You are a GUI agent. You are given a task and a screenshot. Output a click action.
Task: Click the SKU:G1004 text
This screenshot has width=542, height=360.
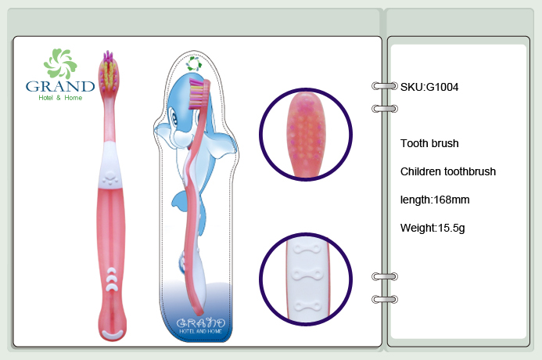click(429, 87)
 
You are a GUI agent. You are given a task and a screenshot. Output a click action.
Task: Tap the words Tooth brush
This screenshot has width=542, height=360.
click(429, 143)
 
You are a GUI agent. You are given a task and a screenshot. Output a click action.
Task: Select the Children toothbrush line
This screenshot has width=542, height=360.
click(448, 171)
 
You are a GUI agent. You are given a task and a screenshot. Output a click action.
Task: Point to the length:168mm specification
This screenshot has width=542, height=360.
click(435, 200)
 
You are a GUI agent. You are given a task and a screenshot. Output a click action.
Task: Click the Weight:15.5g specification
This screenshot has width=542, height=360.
click(433, 228)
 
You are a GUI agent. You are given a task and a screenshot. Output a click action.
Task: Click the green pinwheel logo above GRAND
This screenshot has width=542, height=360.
click(60, 63)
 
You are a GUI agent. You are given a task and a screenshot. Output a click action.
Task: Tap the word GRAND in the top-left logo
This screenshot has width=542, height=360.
click(60, 86)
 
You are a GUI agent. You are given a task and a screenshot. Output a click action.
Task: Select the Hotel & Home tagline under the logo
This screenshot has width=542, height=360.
click(60, 98)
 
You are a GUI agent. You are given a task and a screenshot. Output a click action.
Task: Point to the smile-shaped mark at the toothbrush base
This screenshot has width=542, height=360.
click(113, 333)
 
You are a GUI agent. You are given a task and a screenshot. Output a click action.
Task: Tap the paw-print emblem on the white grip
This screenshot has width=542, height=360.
click(110, 178)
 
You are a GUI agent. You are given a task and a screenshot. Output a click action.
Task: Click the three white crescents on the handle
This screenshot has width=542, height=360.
click(112, 279)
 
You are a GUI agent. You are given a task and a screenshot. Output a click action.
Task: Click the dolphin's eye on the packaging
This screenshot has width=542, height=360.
click(174, 119)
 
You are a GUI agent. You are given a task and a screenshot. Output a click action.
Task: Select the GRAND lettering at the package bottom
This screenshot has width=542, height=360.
click(200, 323)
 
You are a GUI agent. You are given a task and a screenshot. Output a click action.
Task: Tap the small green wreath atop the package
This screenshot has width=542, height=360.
click(193, 63)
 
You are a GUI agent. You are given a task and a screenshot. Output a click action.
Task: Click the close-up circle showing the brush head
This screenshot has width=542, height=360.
click(306, 134)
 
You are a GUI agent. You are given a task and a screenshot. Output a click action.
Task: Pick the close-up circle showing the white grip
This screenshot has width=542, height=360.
click(306, 279)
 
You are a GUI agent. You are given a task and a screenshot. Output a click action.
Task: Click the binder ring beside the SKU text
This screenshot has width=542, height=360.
click(384, 86)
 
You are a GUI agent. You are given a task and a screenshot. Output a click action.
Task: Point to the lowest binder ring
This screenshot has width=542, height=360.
click(384, 299)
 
